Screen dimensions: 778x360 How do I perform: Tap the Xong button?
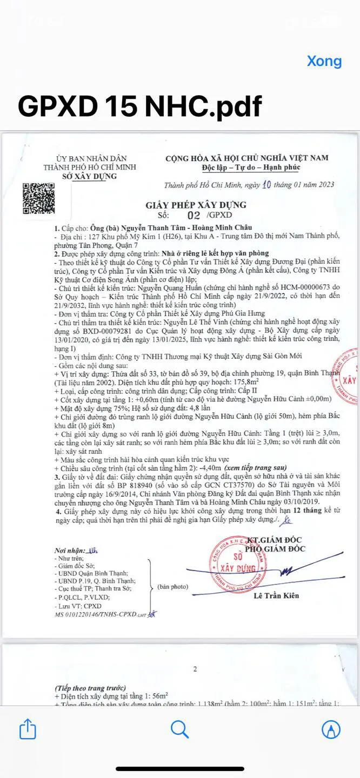(x=324, y=61)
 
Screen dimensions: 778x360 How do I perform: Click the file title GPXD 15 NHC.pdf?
(x=139, y=106)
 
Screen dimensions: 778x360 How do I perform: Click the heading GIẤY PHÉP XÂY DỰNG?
(x=196, y=205)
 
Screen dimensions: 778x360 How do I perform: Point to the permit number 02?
(x=193, y=215)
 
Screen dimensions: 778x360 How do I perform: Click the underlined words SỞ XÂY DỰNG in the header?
(x=85, y=177)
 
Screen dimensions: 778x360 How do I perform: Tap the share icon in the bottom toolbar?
(x=28, y=730)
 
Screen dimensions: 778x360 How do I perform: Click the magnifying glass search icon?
(x=179, y=729)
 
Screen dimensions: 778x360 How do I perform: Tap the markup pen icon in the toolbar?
(x=331, y=730)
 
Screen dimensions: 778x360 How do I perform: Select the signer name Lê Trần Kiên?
(x=276, y=596)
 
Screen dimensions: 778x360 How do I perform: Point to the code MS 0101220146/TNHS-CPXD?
(x=95, y=615)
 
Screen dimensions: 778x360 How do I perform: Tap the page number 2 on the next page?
(x=195, y=669)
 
